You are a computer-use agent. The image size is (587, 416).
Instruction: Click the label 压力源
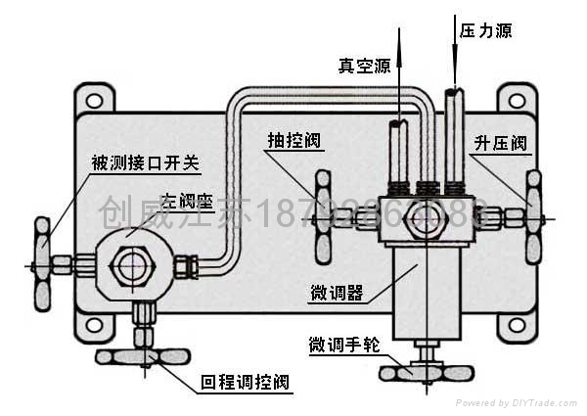485,31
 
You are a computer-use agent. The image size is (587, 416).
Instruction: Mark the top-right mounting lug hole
514,98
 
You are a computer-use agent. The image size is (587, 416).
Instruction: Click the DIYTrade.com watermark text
518,402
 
